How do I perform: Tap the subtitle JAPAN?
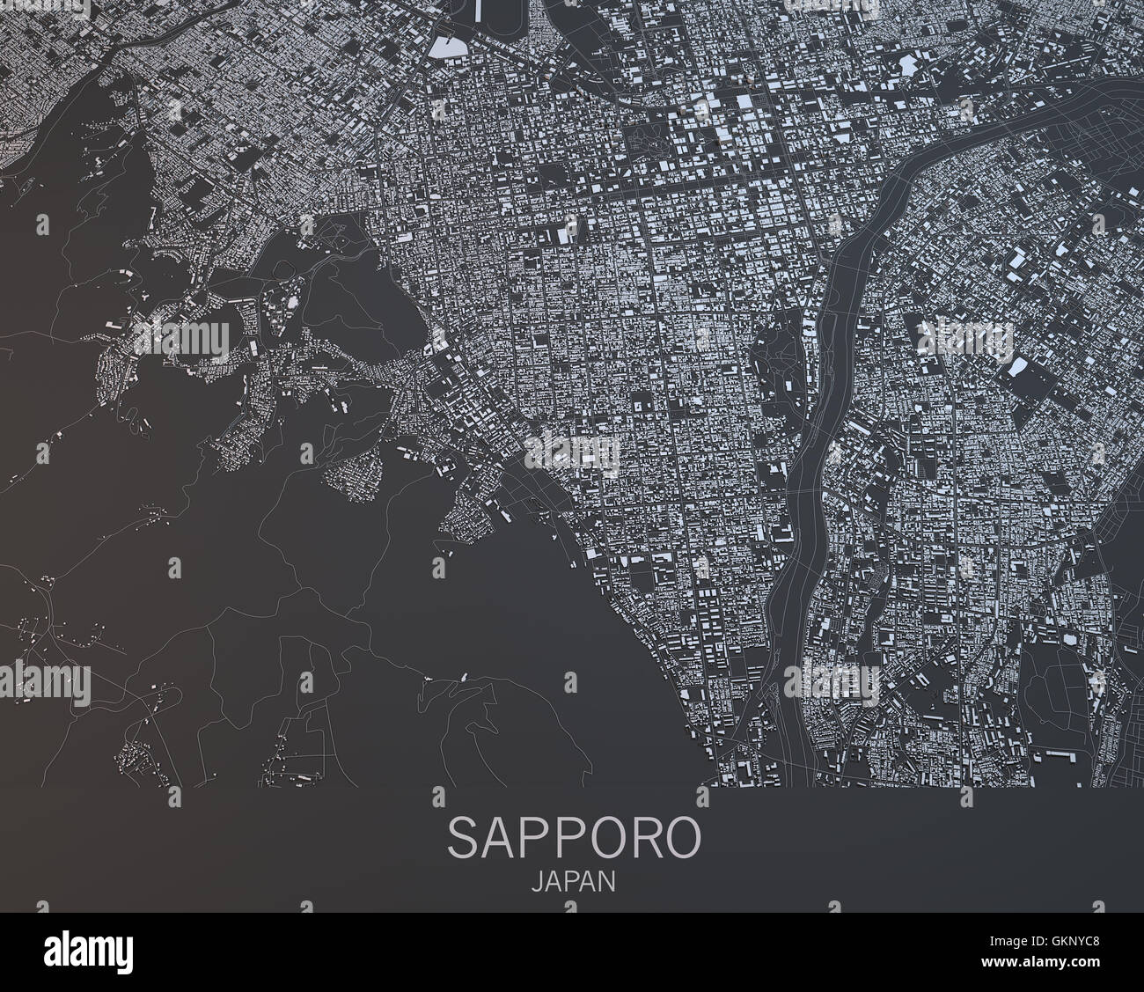[573, 882]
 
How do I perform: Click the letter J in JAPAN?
[537, 882]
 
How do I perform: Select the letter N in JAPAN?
[606, 882]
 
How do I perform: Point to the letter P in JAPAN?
[569, 882]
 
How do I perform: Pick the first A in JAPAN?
[552, 882]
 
